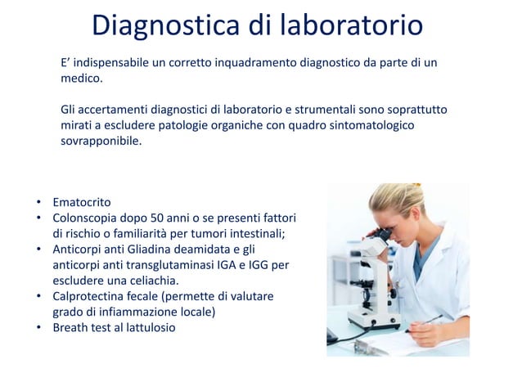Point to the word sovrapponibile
[101, 141]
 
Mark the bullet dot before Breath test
[38, 327]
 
